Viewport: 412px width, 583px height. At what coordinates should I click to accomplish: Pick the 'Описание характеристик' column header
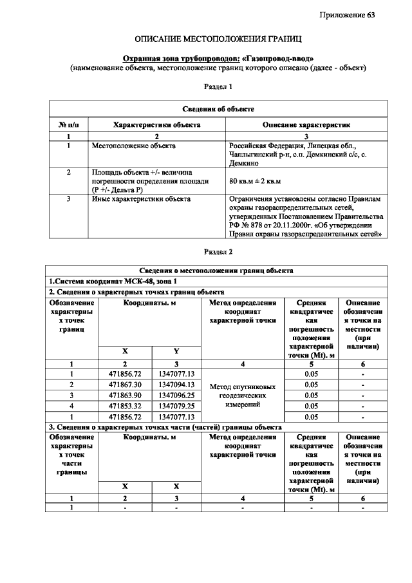(306, 124)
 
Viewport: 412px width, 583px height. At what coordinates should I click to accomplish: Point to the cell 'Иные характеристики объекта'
(141, 199)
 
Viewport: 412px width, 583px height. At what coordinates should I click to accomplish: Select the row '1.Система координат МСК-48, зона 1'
(113, 282)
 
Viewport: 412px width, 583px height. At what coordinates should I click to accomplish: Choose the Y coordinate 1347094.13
(176, 385)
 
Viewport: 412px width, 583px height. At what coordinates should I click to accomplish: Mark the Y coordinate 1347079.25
(176, 405)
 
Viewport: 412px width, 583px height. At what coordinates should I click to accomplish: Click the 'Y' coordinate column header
(176, 351)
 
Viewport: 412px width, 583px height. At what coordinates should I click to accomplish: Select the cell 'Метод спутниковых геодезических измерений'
(243, 396)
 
